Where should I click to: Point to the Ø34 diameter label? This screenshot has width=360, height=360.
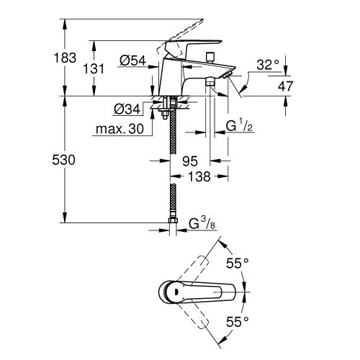coord(126,109)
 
